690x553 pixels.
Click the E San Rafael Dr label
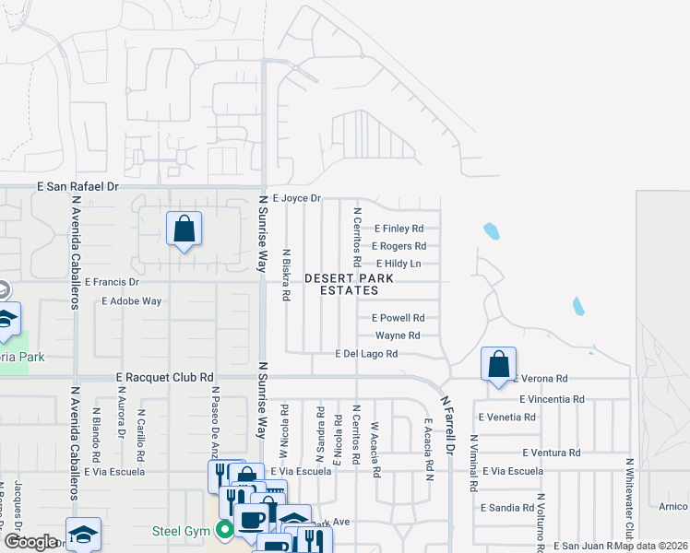coord(78,186)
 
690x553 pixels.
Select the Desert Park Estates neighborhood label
coord(349,284)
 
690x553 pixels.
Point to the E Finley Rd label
coord(399,229)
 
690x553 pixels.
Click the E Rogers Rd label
coord(399,246)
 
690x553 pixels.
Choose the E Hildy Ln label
coord(399,264)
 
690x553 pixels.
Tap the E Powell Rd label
coord(398,318)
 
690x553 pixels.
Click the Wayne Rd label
coord(398,335)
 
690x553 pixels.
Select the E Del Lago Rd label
coord(366,354)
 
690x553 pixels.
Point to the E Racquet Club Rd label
coord(165,377)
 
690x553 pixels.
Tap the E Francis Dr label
coord(111,282)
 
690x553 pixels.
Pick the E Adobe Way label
coord(132,301)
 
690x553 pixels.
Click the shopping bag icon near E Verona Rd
coord(498,364)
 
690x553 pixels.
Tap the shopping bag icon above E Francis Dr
coord(184,228)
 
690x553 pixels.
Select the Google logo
coord(30,542)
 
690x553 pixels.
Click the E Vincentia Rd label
coord(552,399)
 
